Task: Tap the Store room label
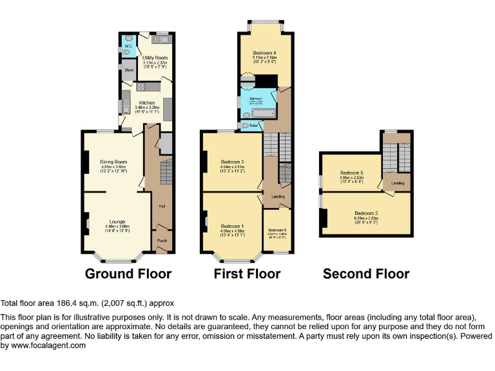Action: click(x=128, y=70)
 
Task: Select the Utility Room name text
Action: click(x=154, y=58)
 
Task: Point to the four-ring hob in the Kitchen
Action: click(x=141, y=86)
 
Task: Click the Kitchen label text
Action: click(x=146, y=103)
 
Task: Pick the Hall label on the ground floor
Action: click(x=161, y=206)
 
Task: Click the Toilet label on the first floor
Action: click(x=253, y=126)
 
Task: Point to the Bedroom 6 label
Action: click(x=277, y=230)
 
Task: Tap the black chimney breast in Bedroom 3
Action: click(x=324, y=218)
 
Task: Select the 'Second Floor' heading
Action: click(x=366, y=274)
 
